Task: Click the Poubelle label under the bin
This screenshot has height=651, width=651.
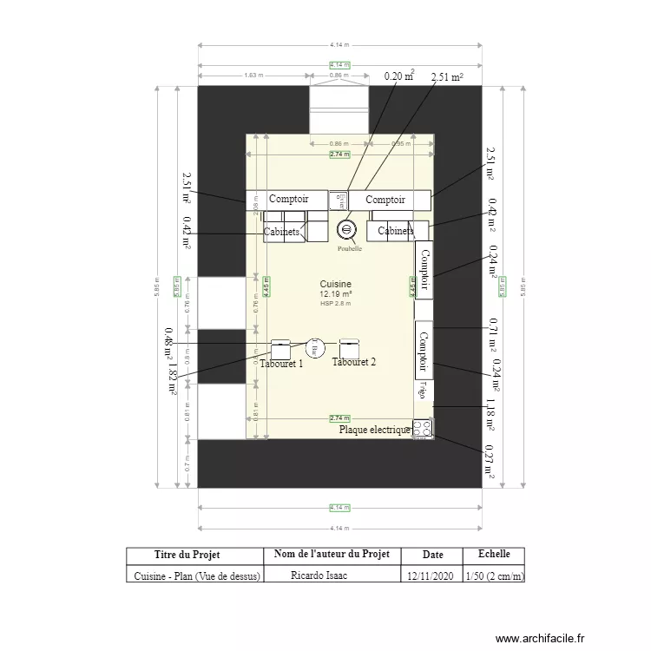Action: (x=350, y=248)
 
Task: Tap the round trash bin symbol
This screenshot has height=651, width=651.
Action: (x=346, y=230)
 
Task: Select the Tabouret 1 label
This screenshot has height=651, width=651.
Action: (x=281, y=364)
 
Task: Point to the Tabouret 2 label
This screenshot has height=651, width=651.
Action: (x=354, y=362)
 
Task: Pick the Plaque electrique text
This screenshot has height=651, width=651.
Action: (x=374, y=429)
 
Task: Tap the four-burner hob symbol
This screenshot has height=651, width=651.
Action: (x=423, y=428)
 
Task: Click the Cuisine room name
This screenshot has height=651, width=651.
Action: (x=335, y=284)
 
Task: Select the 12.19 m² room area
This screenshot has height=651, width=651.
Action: (x=335, y=294)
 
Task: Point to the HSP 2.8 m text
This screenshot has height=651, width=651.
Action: (x=335, y=304)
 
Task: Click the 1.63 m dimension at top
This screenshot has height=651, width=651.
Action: (x=253, y=76)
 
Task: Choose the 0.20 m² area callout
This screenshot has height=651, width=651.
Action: (x=399, y=76)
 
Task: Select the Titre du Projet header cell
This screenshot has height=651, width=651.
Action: (x=194, y=555)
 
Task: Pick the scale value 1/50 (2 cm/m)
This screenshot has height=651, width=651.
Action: (x=494, y=575)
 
